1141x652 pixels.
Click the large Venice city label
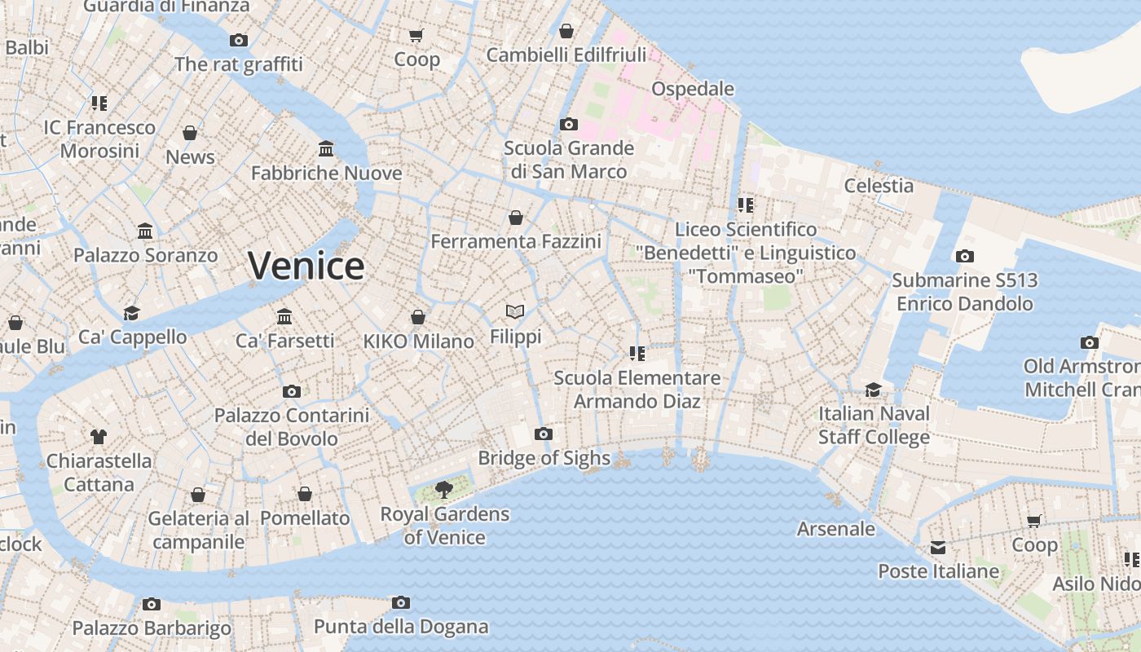[x=306, y=267]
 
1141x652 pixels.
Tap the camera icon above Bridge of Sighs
[x=544, y=434]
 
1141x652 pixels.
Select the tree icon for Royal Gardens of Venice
[x=443, y=490]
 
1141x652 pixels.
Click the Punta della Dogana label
[x=401, y=627]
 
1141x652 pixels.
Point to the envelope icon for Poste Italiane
[x=938, y=548]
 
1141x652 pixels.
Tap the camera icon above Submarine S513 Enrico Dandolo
[x=964, y=256]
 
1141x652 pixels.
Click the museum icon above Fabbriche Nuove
[x=326, y=148]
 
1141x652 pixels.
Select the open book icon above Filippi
[x=514, y=311]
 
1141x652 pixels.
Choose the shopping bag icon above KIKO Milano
[x=418, y=317]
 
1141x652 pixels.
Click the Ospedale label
[x=693, y=89]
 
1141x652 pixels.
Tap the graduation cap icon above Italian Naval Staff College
[x=874, y=390]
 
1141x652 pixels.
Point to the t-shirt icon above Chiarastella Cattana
[x=99, y=437]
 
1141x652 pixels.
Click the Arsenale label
[x=835, y=529]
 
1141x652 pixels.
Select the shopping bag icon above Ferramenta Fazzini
[x=516, y=218]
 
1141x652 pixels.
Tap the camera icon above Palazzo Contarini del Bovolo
[x=292, y=391]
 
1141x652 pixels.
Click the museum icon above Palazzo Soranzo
[x=146, y=231]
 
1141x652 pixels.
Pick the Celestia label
[x=879, y=186]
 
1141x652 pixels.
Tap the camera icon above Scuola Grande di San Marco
[x=569, y=124]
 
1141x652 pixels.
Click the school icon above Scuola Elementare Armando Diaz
[x=637, y=353]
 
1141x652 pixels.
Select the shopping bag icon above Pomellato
[x=305, y=494]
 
